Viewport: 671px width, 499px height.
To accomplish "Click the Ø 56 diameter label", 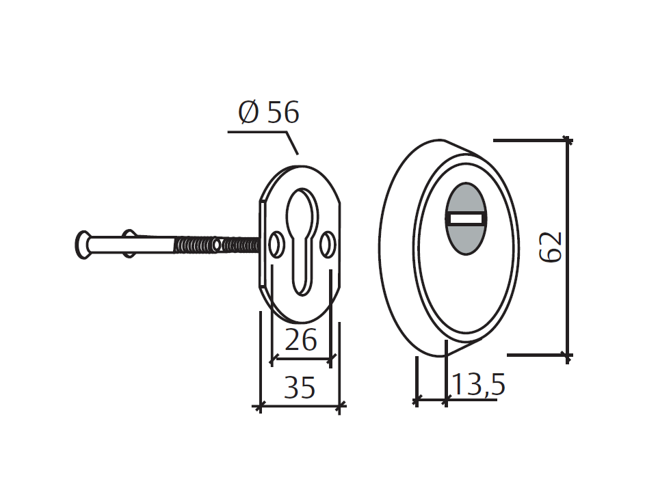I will coord(269,112).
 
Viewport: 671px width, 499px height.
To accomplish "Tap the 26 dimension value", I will coord(301,340).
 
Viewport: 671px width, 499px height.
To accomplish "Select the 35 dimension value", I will coord(300,388).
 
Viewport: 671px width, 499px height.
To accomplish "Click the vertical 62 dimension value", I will coord(551,247).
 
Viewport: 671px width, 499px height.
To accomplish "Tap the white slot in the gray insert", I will coord(466,219).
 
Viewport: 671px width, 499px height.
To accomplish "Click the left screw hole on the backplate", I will coord(277,244).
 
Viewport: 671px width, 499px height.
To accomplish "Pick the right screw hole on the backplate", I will coord(328,244).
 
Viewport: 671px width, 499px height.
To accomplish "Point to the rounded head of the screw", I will coord(82,245).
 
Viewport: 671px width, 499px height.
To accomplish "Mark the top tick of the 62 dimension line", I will coord(566,141).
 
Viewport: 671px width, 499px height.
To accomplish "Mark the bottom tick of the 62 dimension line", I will coord(566,355).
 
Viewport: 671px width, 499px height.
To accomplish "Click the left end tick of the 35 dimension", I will coord(260,407).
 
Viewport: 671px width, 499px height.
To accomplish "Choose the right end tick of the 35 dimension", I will coord(340,407).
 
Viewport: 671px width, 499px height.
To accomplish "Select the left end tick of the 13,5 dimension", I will coord(416,399).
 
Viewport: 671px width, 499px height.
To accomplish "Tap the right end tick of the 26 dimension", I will coord(332,358).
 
